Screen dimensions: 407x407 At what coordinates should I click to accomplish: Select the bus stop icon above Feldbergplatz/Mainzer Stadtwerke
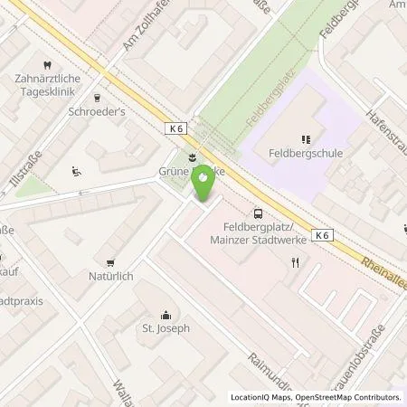pos(260,214)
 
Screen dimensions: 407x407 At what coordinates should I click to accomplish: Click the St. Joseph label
pos(166,328)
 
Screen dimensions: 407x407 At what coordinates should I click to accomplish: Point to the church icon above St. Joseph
pos(166,315)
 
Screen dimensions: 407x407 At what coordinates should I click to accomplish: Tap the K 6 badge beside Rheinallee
pos(323,235)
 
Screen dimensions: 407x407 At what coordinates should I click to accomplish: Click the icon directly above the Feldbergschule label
pos(305,139)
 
